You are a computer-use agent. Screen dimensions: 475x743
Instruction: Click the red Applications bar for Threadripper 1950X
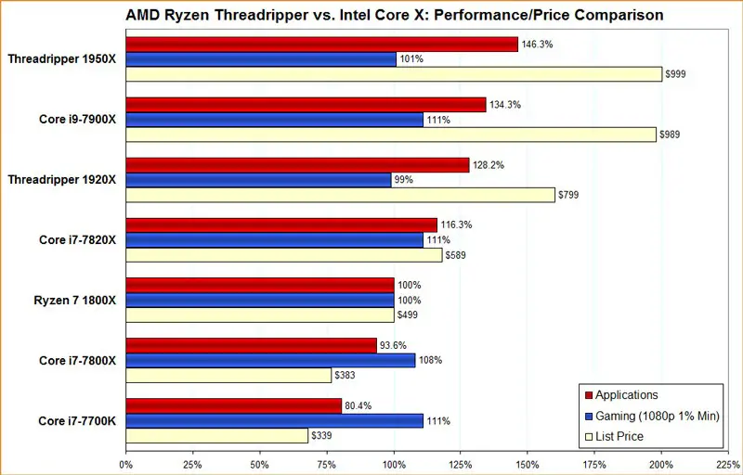pyautogui.click(x=320, y=45)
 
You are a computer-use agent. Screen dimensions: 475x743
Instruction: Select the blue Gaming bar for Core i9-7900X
pyautogui.click(x=273, y=120)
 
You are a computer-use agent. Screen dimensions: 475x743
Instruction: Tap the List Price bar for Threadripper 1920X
pyautogui.click(x=340, y=195)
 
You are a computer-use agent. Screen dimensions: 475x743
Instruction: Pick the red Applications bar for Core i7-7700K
pyautogui.click(x=233, y=405)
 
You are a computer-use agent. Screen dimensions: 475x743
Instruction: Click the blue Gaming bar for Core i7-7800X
pyautogui.click(x=270, y=360)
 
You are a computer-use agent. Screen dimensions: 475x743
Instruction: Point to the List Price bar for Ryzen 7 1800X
pyautogui.click(x=259, y=315)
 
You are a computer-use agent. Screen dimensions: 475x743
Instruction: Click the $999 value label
pyautogui.click(x=675, y=75)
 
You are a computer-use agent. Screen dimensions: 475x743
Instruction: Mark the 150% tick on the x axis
pyautogui.click(x=528, y=463)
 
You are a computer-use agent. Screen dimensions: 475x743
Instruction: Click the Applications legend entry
pyautogui.click(x=627, y=395)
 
